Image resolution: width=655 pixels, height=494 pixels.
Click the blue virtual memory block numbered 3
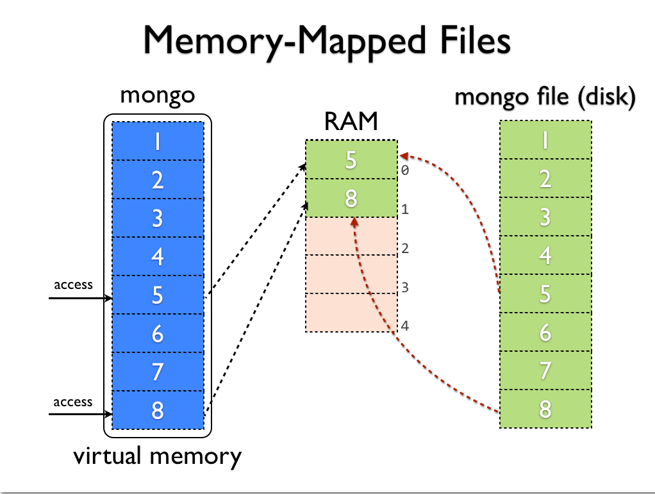point(158,218)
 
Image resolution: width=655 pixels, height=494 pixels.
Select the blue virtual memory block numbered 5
point(158,295)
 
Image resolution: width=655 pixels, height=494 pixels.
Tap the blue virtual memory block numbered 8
point(158,409)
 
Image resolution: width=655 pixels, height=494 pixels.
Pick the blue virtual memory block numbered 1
point(158,141)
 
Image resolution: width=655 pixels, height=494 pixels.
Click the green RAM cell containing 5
point(351,160)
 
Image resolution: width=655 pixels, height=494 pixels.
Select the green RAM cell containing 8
point(351,198)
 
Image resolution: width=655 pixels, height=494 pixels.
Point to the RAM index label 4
point(405,325)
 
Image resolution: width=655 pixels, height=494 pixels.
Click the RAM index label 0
point(405,172)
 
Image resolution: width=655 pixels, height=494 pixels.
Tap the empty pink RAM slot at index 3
point(351,275)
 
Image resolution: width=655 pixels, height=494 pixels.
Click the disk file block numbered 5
point(545,293)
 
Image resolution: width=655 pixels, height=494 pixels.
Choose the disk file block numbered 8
point(545,409)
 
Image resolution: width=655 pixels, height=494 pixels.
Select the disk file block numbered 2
point(545,178)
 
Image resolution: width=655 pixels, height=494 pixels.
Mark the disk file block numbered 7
point(545,370)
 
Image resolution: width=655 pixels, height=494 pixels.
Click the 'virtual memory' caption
point(157,456)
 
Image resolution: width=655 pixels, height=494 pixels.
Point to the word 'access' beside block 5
point(72,284)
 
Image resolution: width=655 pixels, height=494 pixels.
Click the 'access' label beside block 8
point(72,402)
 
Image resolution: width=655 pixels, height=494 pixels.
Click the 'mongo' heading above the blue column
point(157,95)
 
